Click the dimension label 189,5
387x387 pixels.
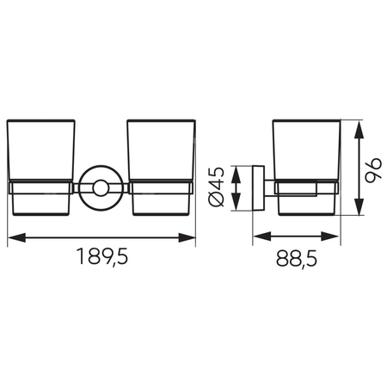[x=102, y=257]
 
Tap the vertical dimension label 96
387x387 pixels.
[x=373, y=169]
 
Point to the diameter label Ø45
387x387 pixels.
[x=217, y=187]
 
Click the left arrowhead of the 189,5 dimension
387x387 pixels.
[x=16, y=237]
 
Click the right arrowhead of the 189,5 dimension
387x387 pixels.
[x=187, y=237]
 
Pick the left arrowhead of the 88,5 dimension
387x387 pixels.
[x=262, y=236]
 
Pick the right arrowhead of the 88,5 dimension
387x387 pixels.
[x=329, y=236]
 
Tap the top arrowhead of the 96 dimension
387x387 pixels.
[x=359, y=131]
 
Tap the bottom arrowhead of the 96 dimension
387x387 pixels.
[x=359, y=206]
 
